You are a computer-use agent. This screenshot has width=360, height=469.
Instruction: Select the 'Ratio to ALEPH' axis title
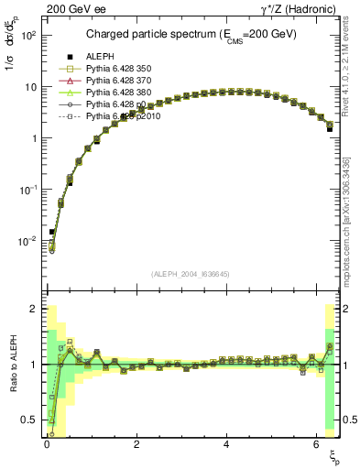13,365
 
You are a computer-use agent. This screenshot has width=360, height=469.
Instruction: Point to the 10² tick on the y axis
28,35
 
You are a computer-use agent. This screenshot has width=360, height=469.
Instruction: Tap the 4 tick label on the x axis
225,443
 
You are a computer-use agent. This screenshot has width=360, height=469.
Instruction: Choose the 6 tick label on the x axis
316,443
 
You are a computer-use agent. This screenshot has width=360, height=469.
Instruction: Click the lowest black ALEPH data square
52,232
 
